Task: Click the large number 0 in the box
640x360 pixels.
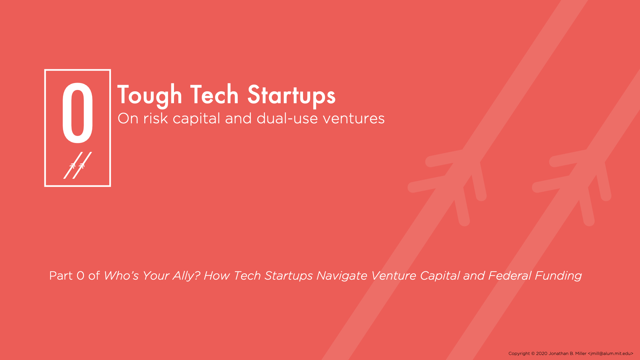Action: [77, 114]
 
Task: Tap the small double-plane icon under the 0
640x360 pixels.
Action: [78, 165]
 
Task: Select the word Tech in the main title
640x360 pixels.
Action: [214, 95]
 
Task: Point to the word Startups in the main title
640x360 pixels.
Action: [291, 96]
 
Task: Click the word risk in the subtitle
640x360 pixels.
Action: [155, 118]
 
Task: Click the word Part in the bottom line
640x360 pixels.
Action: [61, 276]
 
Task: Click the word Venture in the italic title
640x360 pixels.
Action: [393, 276]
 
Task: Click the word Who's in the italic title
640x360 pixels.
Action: [121, 276]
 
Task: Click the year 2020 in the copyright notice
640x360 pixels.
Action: [542, 354]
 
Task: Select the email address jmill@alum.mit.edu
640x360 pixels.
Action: [611, 354]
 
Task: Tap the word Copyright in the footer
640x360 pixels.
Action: [519, 354]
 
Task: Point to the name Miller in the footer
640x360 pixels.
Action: [581, 354]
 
